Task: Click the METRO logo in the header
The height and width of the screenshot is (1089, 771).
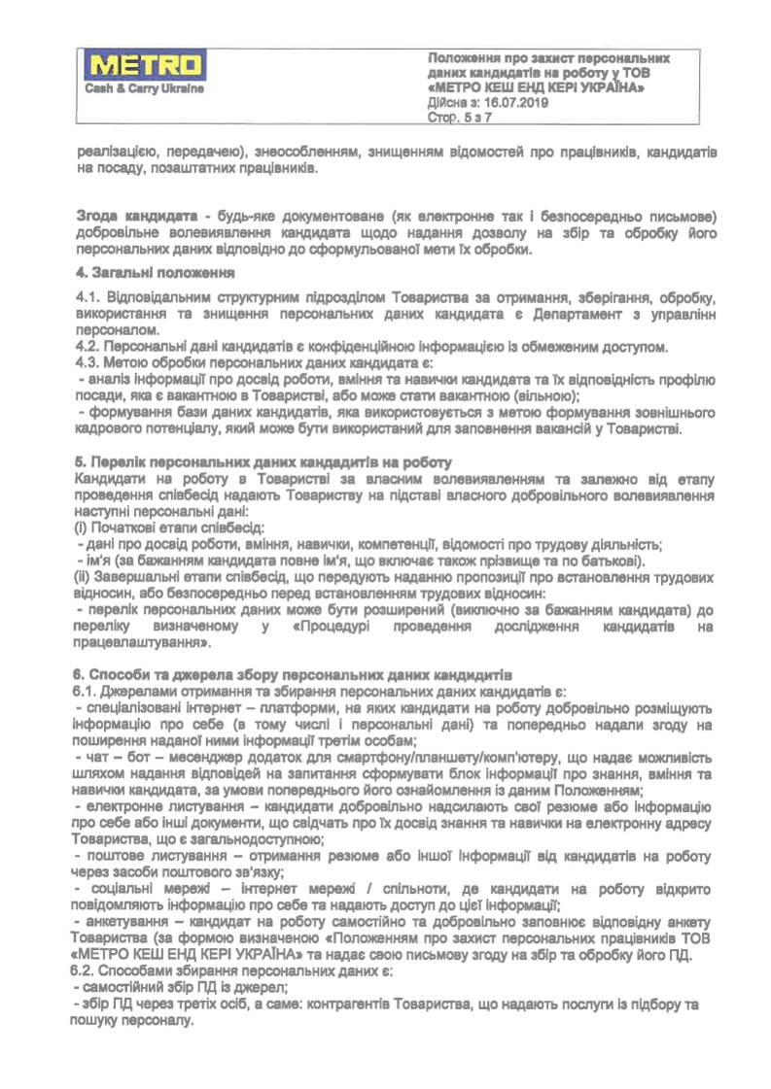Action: (146, 67)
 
